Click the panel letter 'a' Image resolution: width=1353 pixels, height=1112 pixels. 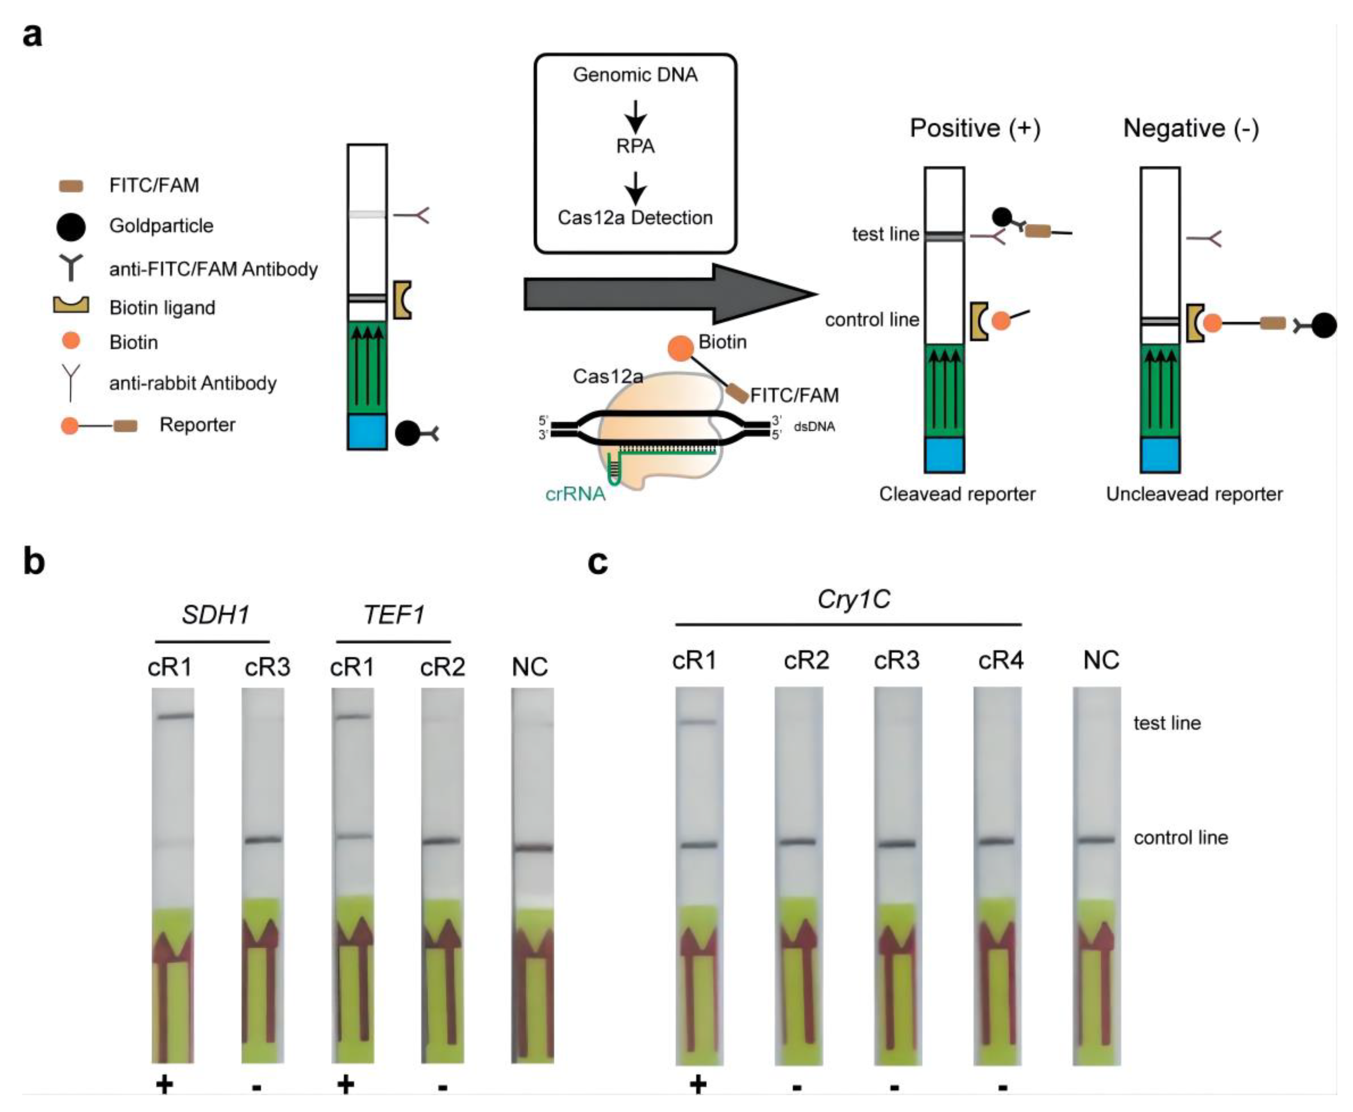(x=32, y=35)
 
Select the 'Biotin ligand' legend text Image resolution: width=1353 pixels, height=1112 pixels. (x=162, y=308)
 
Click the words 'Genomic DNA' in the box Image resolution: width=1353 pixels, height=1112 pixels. (x=635, y=75)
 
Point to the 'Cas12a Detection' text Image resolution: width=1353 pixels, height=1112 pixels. (x=635, y=218)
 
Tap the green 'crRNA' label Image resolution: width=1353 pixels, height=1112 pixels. (x=575, y=494)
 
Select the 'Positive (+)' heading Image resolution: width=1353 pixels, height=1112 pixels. (x=975, y=129)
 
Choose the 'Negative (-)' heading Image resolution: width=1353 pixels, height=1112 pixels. (x=1191, y=129)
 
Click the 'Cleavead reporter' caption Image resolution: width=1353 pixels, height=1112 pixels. (x=957, y=494)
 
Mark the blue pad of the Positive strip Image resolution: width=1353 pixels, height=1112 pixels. (x=944, y=455)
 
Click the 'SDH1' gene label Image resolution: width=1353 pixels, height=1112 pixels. (x=215, y=615)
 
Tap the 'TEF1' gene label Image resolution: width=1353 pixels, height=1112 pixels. (x=394, y=615)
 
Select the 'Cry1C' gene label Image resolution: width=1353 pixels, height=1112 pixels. (x=854, y=599)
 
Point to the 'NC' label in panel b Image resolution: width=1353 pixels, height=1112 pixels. (x=530, y=667)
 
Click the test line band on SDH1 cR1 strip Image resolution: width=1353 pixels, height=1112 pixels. (x=174, y=715)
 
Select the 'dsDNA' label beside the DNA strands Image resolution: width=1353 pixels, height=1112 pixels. (x=814, y=427)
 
